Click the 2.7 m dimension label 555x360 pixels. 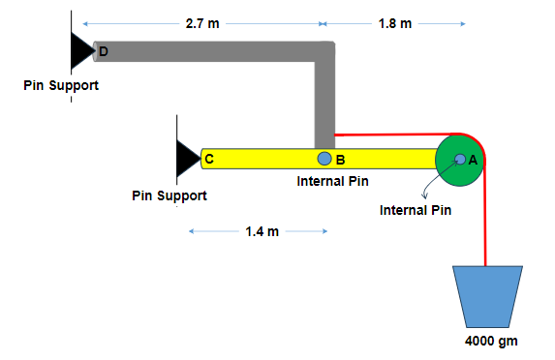[x=201, y=23]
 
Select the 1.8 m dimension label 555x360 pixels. [x=394, y=23]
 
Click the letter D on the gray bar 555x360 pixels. [x=104, y=49]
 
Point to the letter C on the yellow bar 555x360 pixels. [x=209, y=158]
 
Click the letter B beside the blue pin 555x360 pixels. [x=341, y=160]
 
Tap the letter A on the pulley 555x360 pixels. [x=473, y=161]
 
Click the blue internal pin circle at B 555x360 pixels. [x=324, y=159]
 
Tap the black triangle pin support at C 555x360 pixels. [x=187, y=158]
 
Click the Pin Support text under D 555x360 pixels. [x=61, y=86]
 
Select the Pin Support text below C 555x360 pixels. [x=170, y=195]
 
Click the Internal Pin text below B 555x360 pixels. [x=332, y=180]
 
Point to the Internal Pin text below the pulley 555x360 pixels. [x=416, y=210]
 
